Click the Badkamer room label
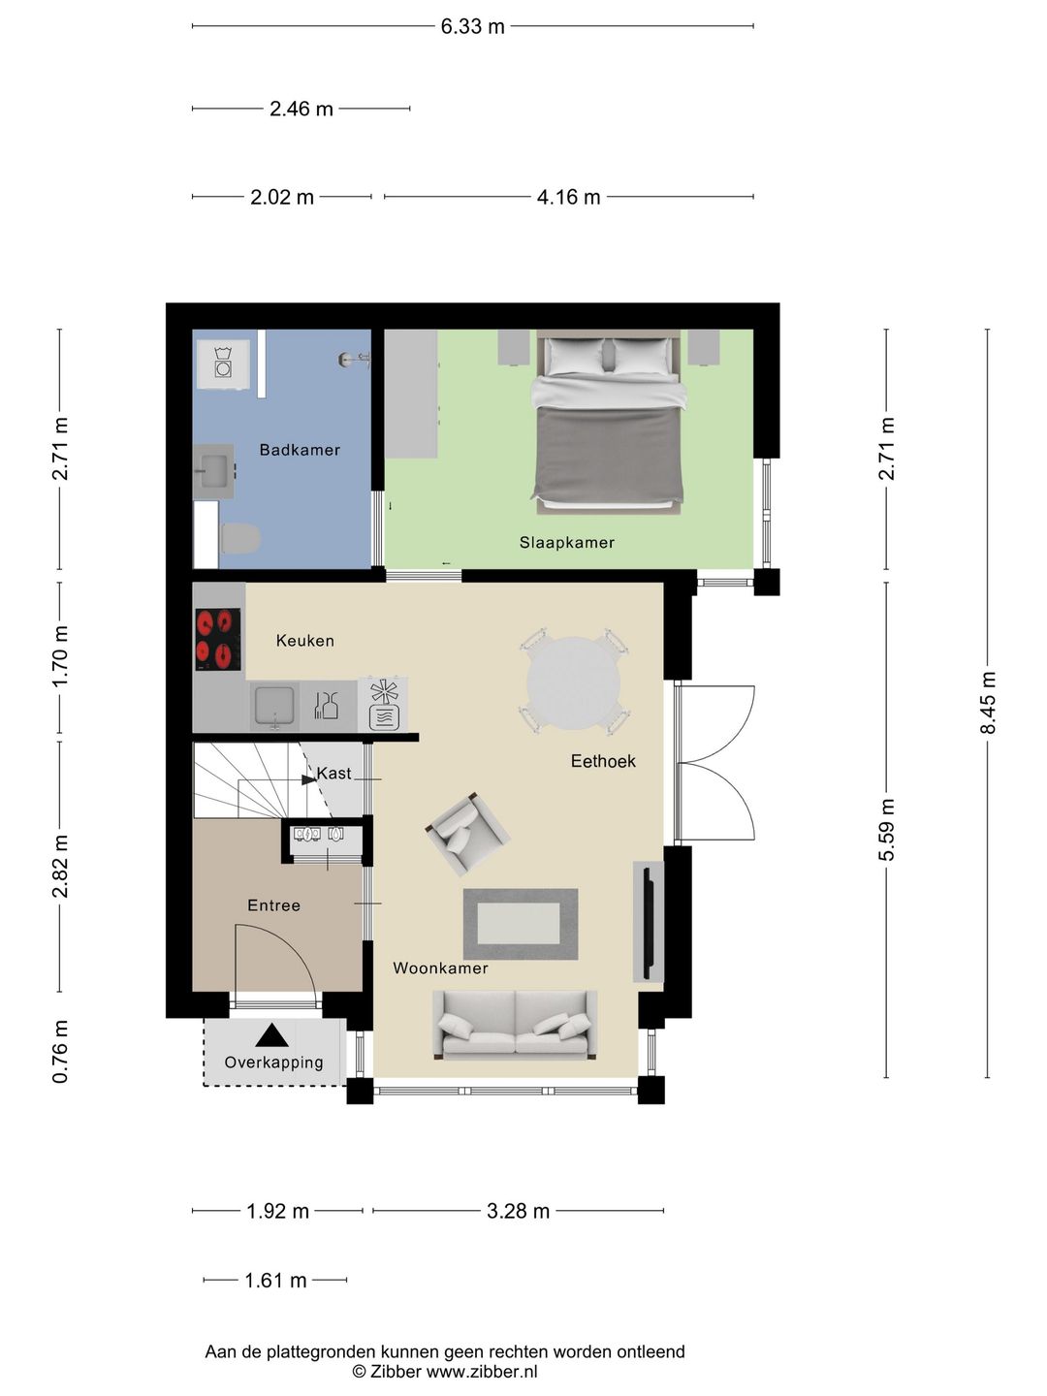(300, 450)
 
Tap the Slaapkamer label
(566, 543)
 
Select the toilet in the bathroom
(240, 538)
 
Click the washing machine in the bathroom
(224, 365)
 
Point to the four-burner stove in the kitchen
(218, 639)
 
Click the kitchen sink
(274, 707)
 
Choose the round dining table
(573, 683)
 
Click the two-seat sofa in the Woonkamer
(515, 1025)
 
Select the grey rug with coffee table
(521, 924)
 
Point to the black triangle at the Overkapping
(272, 1035)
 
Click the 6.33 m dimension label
(472, 26)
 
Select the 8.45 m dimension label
(989, 702)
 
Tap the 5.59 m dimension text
(886, 829)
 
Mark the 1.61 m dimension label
(275, 1281)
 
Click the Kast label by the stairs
(334, 774)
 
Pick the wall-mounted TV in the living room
(648, 921)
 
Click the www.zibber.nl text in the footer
(482, 1372)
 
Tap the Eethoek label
(603, 762)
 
